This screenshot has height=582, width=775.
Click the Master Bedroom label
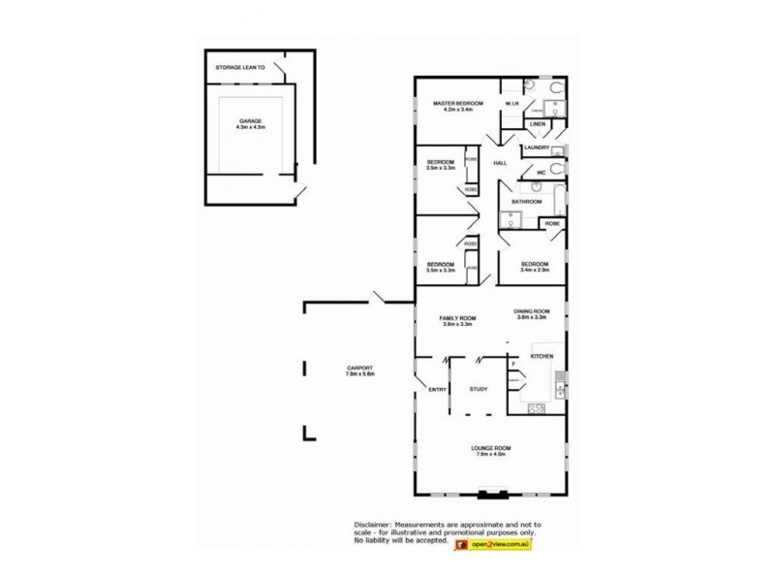[450, 104]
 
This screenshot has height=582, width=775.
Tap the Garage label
[251, 120]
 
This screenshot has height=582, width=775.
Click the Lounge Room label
[490, 447]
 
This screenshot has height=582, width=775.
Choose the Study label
[478, 389]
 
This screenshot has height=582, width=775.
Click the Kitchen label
[541, 358]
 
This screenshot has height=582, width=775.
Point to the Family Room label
[457, 319]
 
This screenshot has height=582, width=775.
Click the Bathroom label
[526, 202]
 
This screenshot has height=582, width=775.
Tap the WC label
[542, 172]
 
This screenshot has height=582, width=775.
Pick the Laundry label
[538, 148]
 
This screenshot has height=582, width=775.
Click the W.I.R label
[512, 104]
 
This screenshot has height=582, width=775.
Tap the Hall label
[500, 163]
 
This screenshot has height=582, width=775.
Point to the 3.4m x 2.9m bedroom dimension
[535, 271]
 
